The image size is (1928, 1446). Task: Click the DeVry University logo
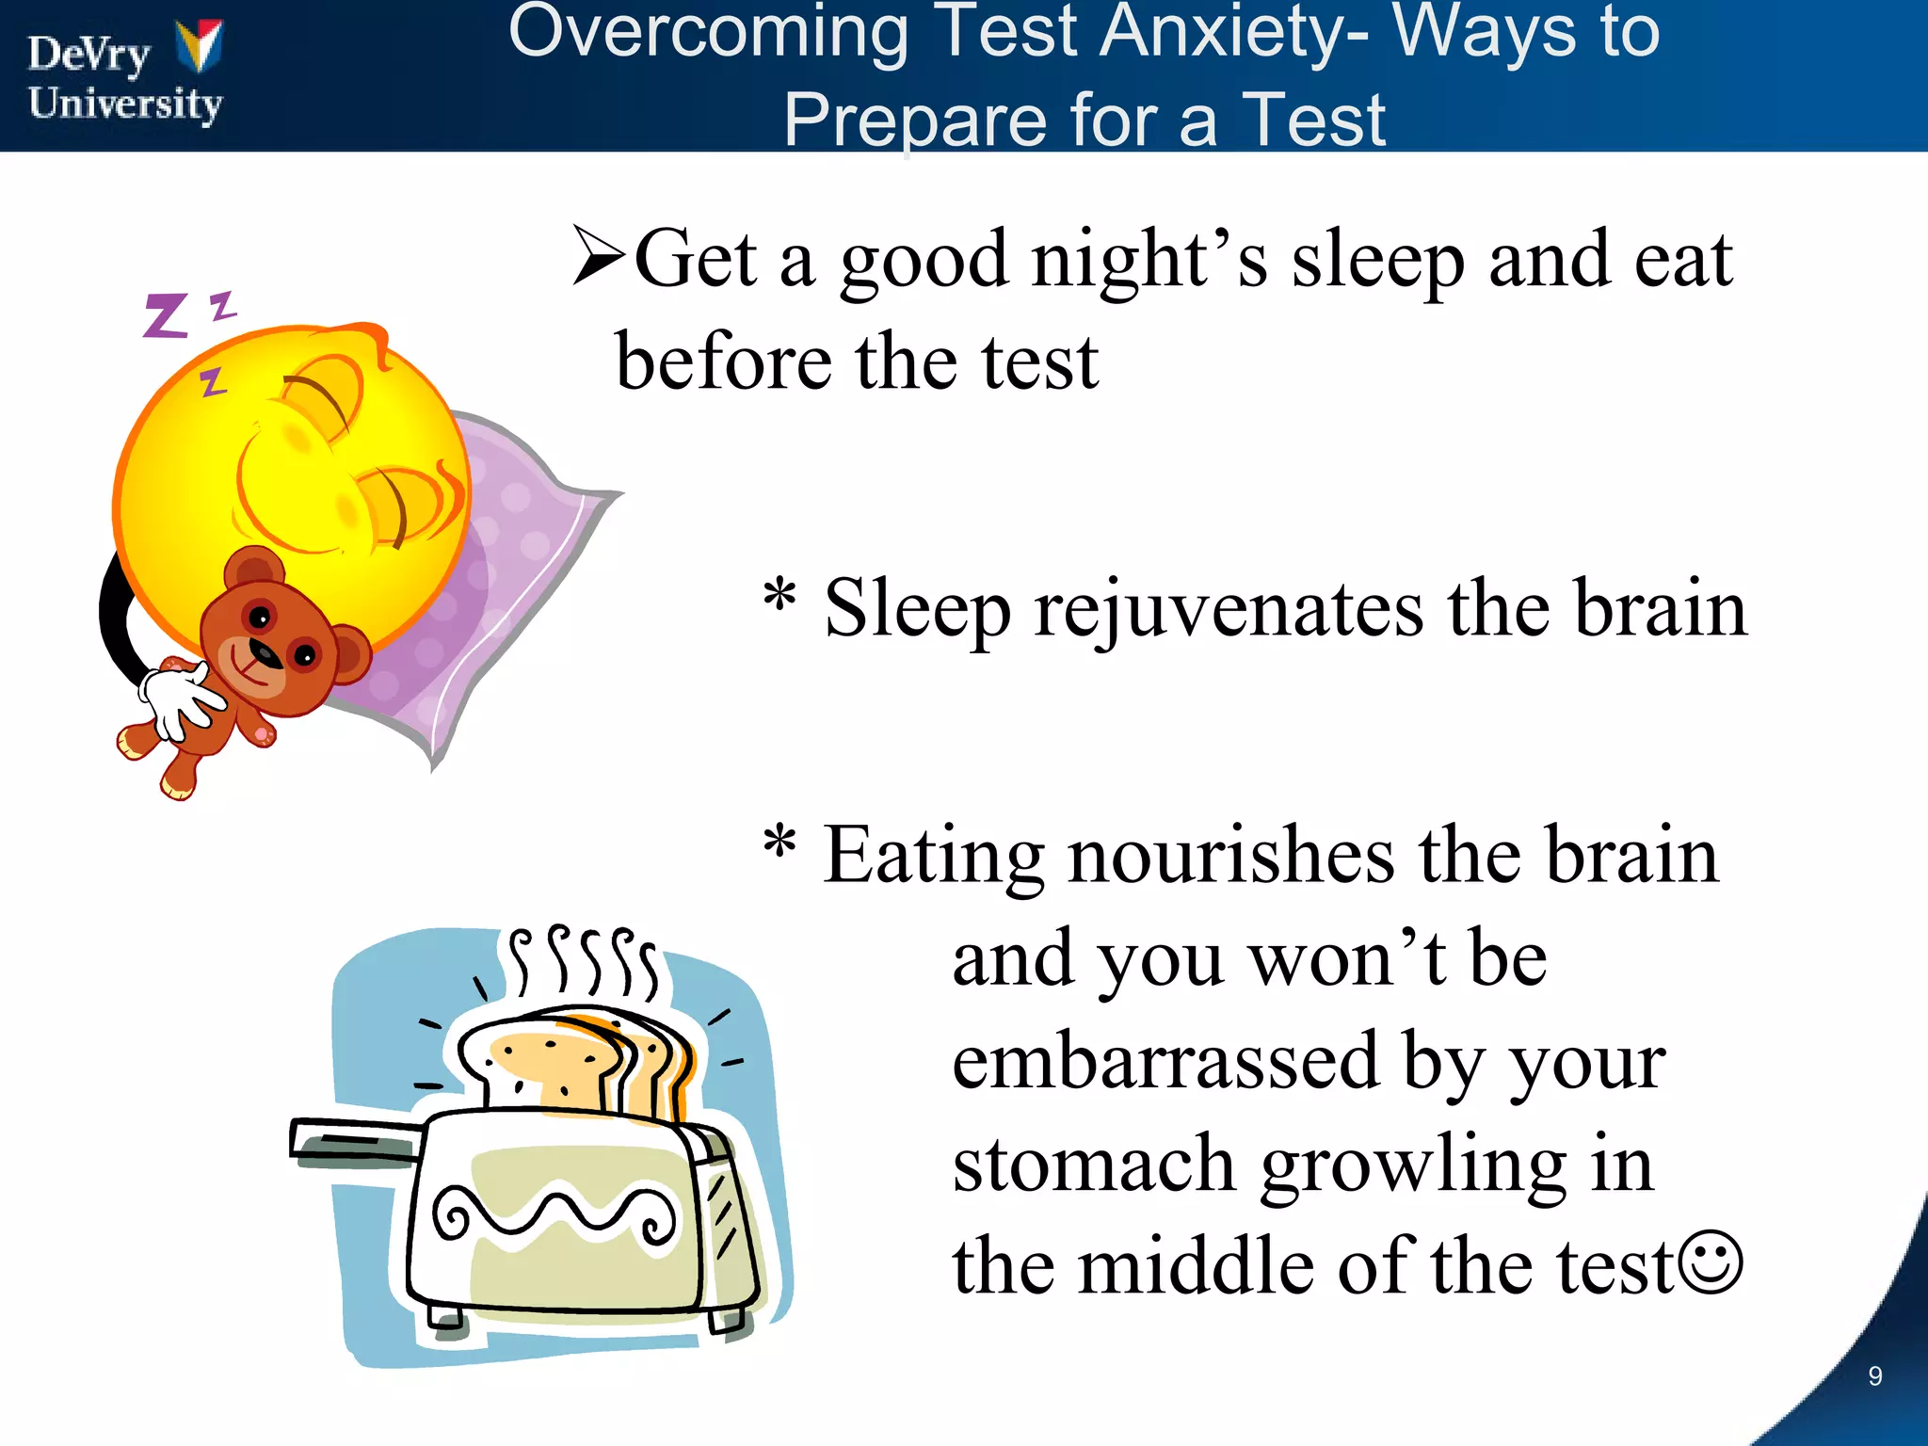point(125,75)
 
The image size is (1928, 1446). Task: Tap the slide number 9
point(1874,1376)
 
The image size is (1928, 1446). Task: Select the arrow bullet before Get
point(599,256)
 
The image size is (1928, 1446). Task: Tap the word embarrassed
point(1164,1062)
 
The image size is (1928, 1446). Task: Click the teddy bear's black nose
point(265,652)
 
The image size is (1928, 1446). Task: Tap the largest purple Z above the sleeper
point(166,315)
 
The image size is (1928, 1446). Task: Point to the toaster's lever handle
point(348,1142)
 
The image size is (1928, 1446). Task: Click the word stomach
point(1094,1165)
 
